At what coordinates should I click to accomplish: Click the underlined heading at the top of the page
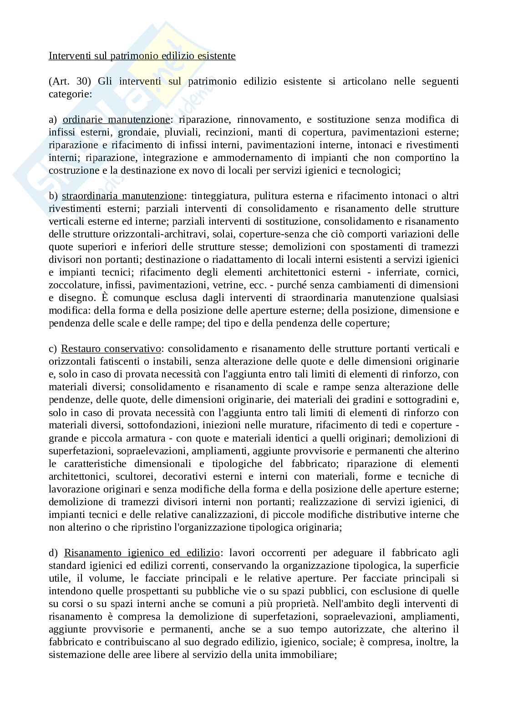pos(142,56)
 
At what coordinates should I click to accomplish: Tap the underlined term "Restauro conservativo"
pos(111,349)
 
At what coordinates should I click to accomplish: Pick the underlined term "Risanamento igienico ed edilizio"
pos(142,553)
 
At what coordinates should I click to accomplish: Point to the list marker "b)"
pos(53,196)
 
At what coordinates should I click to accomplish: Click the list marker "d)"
pos(53,553)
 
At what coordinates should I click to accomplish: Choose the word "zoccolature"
pos(74,285)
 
